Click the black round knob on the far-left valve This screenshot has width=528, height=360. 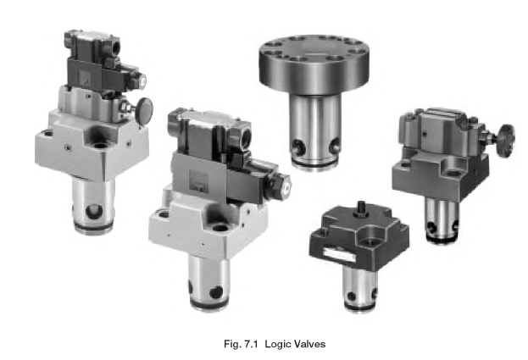(x=144, y=109)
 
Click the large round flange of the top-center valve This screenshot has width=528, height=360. (x=314, y=64)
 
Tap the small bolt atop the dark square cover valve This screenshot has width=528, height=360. (x=362, y=205)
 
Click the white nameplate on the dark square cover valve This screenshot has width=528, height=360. (x=339, y=254)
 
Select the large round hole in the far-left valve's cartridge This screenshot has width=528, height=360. (x=94, y=212)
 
